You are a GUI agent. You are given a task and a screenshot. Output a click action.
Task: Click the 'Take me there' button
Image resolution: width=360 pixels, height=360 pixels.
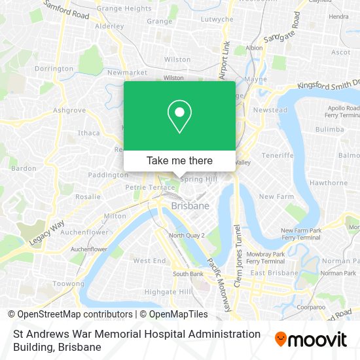[179, 160]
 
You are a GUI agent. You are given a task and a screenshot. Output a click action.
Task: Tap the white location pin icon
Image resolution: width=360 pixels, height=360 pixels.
[179, 117]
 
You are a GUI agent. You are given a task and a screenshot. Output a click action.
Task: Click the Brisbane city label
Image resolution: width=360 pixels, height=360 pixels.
[190, 206]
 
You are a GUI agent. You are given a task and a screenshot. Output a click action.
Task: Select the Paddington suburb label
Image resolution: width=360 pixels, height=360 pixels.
[108, 175]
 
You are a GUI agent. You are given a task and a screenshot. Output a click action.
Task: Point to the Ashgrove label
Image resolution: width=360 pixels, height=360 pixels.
[69, 110]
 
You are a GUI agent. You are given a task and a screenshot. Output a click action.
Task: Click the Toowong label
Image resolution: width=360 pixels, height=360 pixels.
[69, 284]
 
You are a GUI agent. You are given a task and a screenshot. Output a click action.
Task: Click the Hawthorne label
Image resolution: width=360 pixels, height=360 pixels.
[329, 183]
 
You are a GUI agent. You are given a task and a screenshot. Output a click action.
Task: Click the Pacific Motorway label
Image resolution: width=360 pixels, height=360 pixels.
[218, 281]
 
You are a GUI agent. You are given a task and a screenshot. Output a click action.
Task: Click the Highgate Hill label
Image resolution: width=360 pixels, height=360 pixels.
[168, 291]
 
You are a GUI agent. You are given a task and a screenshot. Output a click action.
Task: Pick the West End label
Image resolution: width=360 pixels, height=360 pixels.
[149, 261]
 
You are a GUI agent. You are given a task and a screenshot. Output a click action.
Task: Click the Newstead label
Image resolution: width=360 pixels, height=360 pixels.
[270, 110]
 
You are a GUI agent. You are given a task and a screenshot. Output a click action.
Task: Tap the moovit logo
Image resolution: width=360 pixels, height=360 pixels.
[311, 339]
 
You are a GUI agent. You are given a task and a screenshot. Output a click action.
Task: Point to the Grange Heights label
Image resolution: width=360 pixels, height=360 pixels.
[124, 9]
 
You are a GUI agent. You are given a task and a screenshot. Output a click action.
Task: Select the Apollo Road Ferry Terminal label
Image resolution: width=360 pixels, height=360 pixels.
[342, 111]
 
